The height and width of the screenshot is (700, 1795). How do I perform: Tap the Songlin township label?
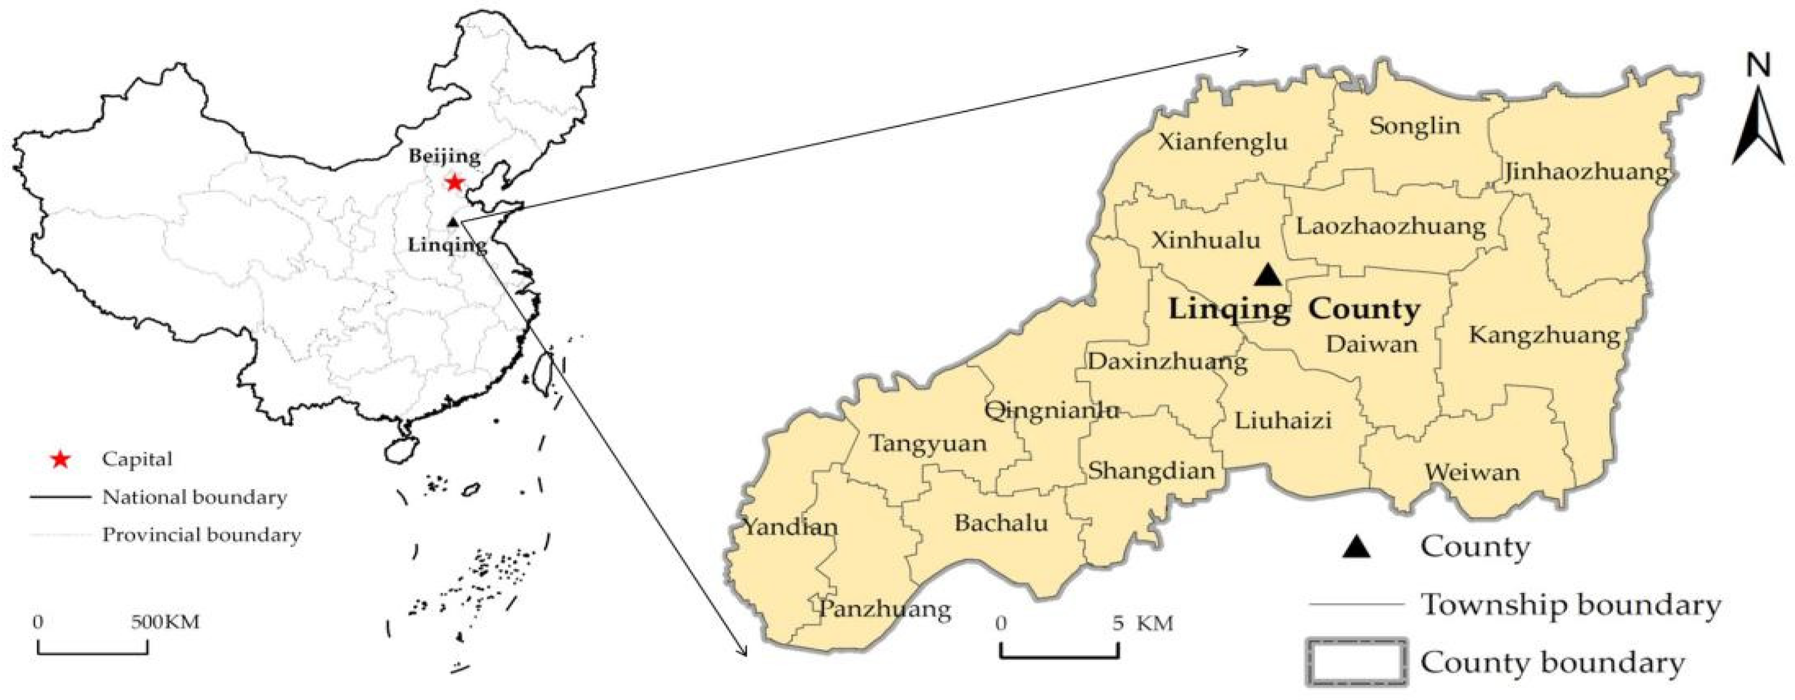(x=1414, y=126)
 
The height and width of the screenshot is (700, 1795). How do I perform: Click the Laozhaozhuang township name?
(x=1391, y=226)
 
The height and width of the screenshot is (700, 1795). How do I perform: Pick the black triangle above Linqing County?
(x=1268, y=275)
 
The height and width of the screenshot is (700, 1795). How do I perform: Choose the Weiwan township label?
(x=1472, y=472)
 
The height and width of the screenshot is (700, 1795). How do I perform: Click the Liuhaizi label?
(x=1283, y=420)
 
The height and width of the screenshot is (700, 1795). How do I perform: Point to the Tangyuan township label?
(x=927, y=444)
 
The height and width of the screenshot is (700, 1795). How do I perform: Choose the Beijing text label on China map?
(x=445, y=155)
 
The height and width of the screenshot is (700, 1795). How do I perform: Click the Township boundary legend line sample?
(x=1355, y=604)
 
